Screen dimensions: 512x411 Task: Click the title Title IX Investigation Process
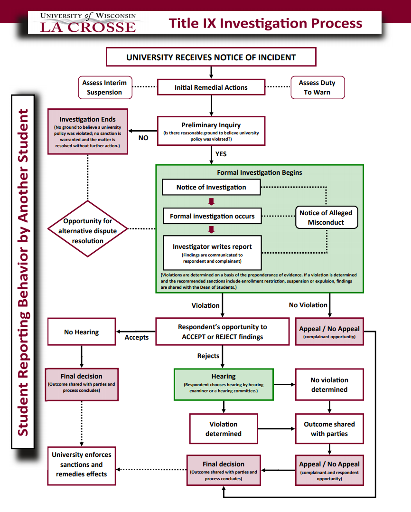coord(266,23)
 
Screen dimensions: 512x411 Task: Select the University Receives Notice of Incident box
coord(211,57)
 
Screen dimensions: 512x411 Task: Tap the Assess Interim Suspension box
coord(104,87)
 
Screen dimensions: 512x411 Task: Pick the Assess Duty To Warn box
coord(317,87)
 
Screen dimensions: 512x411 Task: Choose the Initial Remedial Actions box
coord(211,87)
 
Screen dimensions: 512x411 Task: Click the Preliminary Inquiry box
coord(211,131)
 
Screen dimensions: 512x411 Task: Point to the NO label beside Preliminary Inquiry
coord(143,138)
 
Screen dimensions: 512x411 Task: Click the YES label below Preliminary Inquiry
coord(221,154)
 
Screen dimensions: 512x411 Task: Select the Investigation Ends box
coord(87,131)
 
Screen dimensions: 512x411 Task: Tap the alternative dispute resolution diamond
coord(87,231)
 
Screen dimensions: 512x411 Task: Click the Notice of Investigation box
coord(211,187)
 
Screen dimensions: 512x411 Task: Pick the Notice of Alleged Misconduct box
coord(326,218)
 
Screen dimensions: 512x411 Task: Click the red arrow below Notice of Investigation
coord(212,201)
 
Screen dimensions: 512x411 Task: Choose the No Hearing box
coord(82,332)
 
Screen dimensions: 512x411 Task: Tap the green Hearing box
coord(224,384)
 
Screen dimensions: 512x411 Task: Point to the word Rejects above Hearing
coord(208,356)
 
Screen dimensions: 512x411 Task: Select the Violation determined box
coord(224,429)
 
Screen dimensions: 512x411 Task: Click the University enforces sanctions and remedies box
coord(82,465)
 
